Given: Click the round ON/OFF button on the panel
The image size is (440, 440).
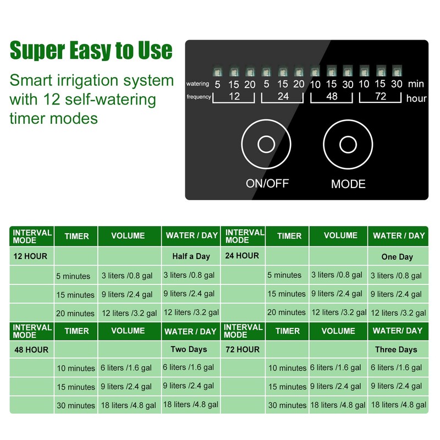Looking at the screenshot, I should [266, 145].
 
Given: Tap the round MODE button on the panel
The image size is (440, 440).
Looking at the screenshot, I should [348, 145].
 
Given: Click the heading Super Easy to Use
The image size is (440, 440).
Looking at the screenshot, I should [91, 51].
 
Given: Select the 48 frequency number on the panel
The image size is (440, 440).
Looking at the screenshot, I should [332, 97].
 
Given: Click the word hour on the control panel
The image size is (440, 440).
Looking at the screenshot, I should [416, 100].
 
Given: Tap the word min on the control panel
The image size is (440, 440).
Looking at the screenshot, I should [416, 84].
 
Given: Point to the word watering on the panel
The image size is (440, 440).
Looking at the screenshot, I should [197, 84].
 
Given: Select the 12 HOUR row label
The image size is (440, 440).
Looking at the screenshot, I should [30, 256].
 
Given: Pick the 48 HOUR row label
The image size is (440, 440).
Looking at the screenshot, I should [30, 350].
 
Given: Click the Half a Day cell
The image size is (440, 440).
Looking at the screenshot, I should [191, 257].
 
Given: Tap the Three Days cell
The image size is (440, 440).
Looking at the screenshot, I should [396, 350].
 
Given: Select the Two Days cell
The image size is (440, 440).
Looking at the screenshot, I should [189, 350].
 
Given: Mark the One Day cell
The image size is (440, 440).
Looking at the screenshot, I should [397, 257].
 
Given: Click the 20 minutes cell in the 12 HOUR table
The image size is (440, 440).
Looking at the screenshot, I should [75, 313].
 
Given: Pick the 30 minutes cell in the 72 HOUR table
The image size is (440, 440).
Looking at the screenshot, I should [287, 405].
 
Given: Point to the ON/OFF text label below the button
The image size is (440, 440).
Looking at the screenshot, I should [267, 184].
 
